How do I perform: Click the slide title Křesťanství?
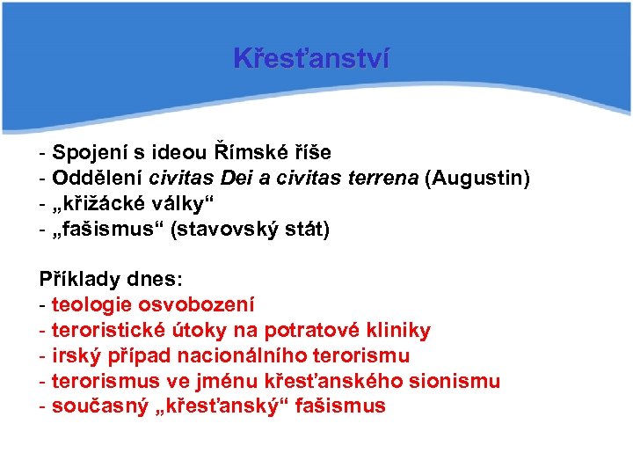[312, 58]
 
